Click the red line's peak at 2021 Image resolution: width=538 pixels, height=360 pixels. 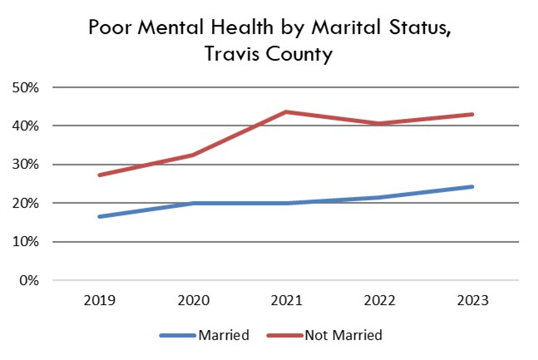(286, 111)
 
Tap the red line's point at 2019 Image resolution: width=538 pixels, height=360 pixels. (99, 175)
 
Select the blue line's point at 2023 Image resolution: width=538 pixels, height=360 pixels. (472, 186)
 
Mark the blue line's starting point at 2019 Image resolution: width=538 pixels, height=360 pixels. (99, 216)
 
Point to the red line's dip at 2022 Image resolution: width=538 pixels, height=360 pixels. (379, 124)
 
